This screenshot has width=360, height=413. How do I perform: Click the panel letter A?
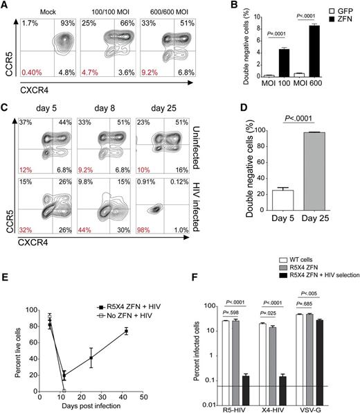6,6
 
